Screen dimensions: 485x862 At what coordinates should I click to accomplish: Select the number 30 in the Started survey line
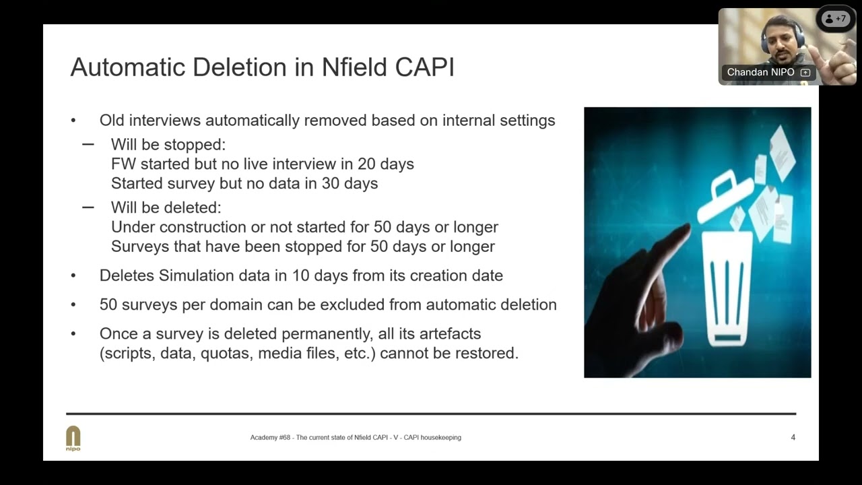click(331, 183)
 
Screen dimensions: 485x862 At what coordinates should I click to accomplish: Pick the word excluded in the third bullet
click(353, 304)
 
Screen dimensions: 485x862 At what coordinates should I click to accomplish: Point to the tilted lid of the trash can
click(725, 196)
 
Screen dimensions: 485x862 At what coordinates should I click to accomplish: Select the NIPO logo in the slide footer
click(73, 438)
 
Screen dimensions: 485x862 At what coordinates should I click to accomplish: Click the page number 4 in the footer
click(793, 437)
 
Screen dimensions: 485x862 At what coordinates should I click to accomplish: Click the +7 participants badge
click(836, 19)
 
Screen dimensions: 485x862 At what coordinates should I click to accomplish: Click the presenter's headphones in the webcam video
click(766, 37)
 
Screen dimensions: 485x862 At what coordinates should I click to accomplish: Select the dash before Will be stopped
click(88, 145)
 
